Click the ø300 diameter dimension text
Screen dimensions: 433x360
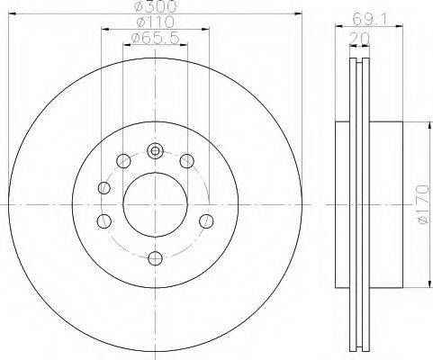(x=156, y=6)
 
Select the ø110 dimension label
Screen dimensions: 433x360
(x=155, y=22)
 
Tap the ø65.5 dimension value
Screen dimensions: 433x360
(x=156, y=38)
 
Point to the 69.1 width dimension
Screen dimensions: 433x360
(x=369, y=20)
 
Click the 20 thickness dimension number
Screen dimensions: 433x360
(x=359, y=38)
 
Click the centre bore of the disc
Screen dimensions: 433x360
(x=156, y=204)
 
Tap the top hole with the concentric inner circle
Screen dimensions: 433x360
(x=155, y=151)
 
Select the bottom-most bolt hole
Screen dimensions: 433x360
(x=156, y=258)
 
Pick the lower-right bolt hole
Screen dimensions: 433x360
(x=206, y=221)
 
